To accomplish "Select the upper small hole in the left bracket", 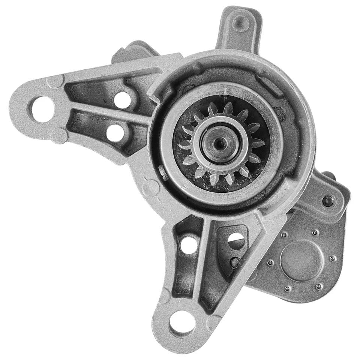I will pos(122,99).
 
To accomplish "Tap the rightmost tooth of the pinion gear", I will pos(258,143).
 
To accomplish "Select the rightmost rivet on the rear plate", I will pos(333,258).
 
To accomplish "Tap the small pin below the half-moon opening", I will pos(234,263).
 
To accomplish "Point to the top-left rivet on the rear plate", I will pos(284,235).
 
